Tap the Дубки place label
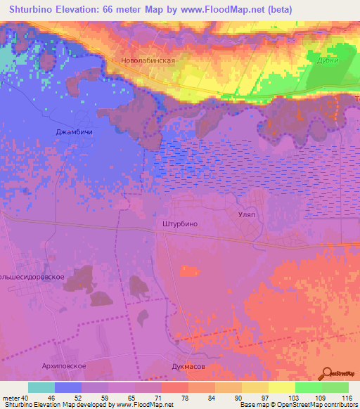click(x=327, y=60)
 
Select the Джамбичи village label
click(x=75, y=131)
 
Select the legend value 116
click(x=347, y=397)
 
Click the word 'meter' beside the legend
click(x=9, y=397)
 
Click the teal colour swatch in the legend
click(x=41, y=387)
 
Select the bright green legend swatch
click(x=309, y=387)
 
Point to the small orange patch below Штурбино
click(x=188, y=271)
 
